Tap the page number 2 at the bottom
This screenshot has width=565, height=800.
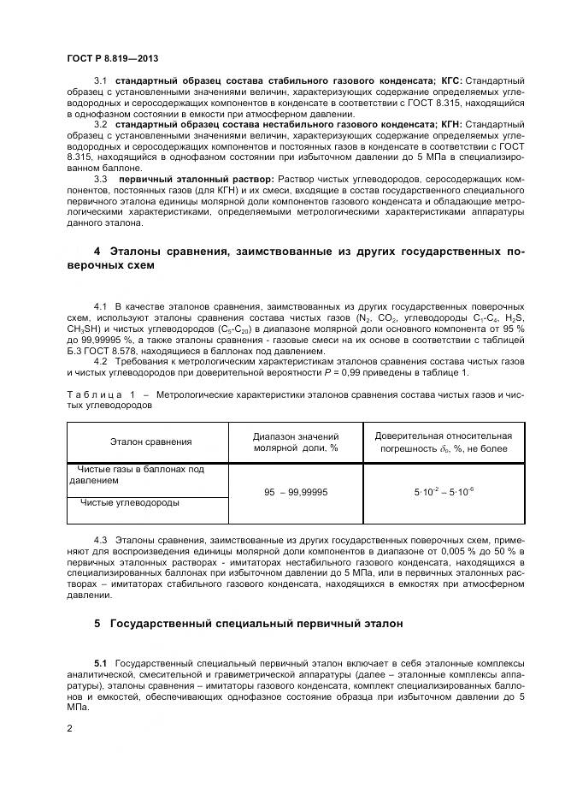click(x=69, y=727)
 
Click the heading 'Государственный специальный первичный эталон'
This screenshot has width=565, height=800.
click(x=244, y=623)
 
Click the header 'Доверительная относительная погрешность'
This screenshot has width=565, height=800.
click(x=444, y=441)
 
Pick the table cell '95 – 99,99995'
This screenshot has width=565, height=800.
click(x=296, y=493)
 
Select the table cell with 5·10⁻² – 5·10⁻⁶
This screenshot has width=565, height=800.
click(x=444, y=493)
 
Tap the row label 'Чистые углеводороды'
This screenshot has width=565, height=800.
click(x=130, y=502)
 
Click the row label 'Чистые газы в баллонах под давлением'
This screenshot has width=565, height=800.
click(x=137, y=475)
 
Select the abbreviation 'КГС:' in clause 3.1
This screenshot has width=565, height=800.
click(x=449, y=80)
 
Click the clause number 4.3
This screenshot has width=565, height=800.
click(x=100, y=541)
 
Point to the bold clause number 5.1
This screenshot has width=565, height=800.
click(x=100, y=664)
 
